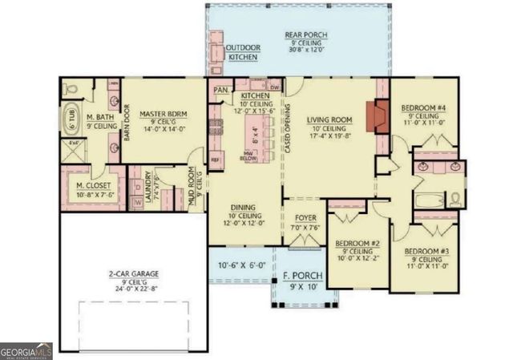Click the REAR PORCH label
(306, 34)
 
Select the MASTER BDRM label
(163, 115)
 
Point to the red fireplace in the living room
(376, 115)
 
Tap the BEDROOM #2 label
(356, 243)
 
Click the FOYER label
(305, 217)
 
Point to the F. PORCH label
(297, 278)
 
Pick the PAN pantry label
(220, 90)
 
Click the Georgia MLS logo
(26, 351)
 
